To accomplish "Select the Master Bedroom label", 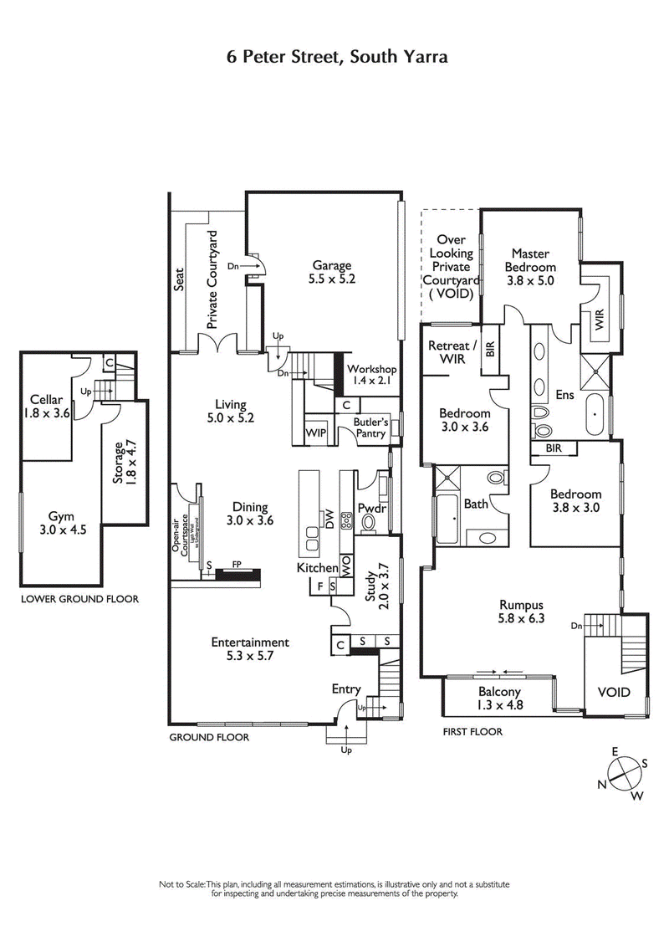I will point(531,267).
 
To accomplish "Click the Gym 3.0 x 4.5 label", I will point(59,523).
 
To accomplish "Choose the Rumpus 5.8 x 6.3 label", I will point(522,612).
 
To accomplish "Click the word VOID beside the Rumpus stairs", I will point(614,693).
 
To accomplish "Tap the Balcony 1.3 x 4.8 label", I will point(499,698).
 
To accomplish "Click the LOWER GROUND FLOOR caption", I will point(80,599).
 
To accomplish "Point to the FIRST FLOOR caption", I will point(472,732).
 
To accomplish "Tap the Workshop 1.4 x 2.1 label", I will point(371,376).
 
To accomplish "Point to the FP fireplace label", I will point(237,564).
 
